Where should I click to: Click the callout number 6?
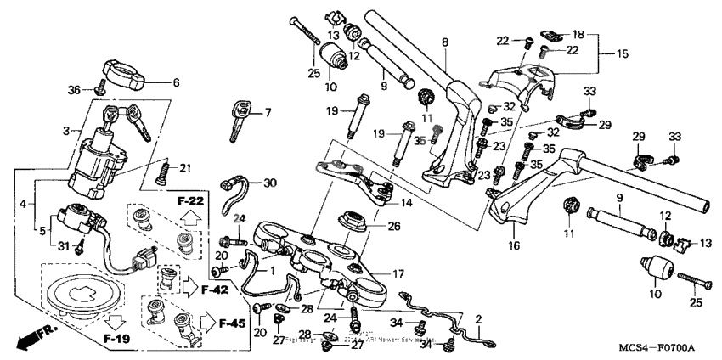click(x=177, y=82)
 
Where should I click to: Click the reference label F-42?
click(x=217, y=290)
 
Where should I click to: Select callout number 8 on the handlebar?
click(x=444, y=42)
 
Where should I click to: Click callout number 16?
click(x=513, y=245)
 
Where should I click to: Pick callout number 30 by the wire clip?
click(x=270, y=183)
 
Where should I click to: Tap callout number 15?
click(x=622, y=53)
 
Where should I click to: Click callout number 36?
click(x=74, y=90)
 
